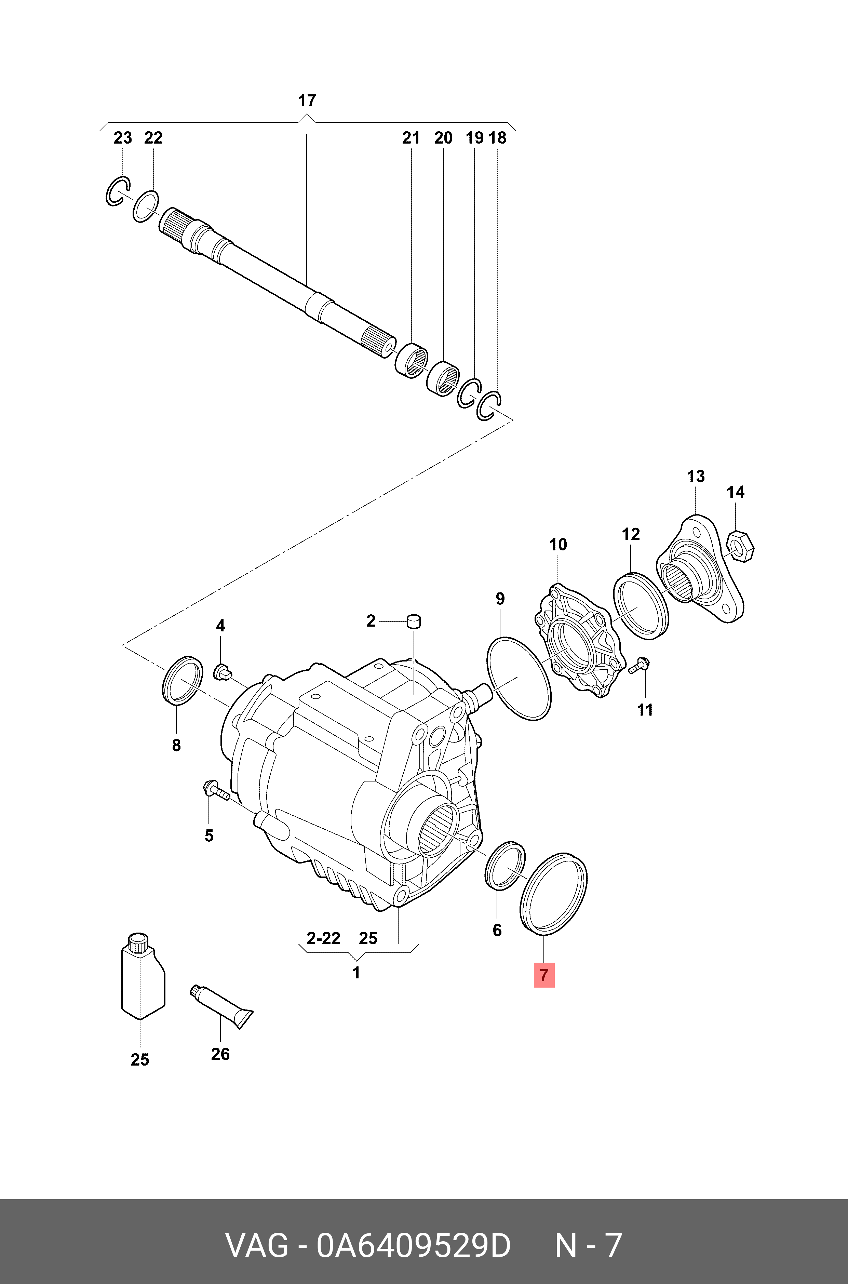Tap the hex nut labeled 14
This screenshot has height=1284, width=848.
[x=740, y=547]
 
